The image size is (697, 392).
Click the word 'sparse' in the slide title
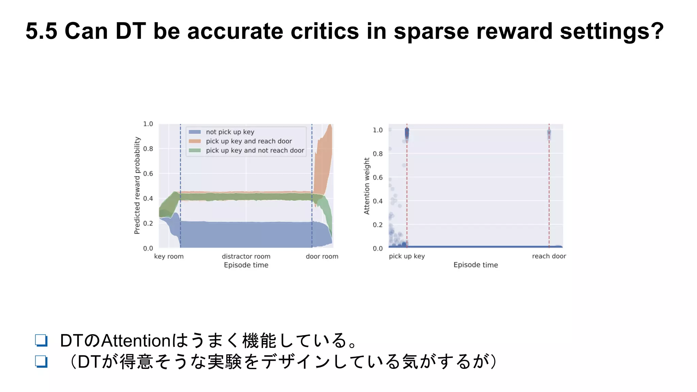[432, 31]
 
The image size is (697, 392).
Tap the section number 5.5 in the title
[41, 31]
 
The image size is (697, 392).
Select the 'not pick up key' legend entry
[230, 132]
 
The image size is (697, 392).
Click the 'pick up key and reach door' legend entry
[248, 141]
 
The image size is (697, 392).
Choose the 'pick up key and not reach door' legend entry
[255, 150]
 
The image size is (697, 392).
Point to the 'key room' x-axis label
[169, 256]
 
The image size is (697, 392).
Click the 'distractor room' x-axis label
[246, 256]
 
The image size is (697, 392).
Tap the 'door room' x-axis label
[322, 256]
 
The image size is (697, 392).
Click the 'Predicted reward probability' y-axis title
[137, 185]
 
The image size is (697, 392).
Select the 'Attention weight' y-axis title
[367, 186]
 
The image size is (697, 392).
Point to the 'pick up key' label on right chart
[407, 256]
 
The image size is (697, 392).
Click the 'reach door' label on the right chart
[549, 256]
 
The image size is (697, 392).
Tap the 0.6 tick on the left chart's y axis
[148, 174]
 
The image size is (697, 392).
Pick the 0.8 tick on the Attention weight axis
[377, 154]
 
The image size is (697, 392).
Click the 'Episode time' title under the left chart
[246, 265]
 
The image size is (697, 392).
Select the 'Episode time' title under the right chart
[475, 265]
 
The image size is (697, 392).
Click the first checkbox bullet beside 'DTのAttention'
[41, 340]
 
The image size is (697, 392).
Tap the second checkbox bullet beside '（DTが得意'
[41, 361]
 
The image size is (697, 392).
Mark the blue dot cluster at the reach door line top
[549, 134]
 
